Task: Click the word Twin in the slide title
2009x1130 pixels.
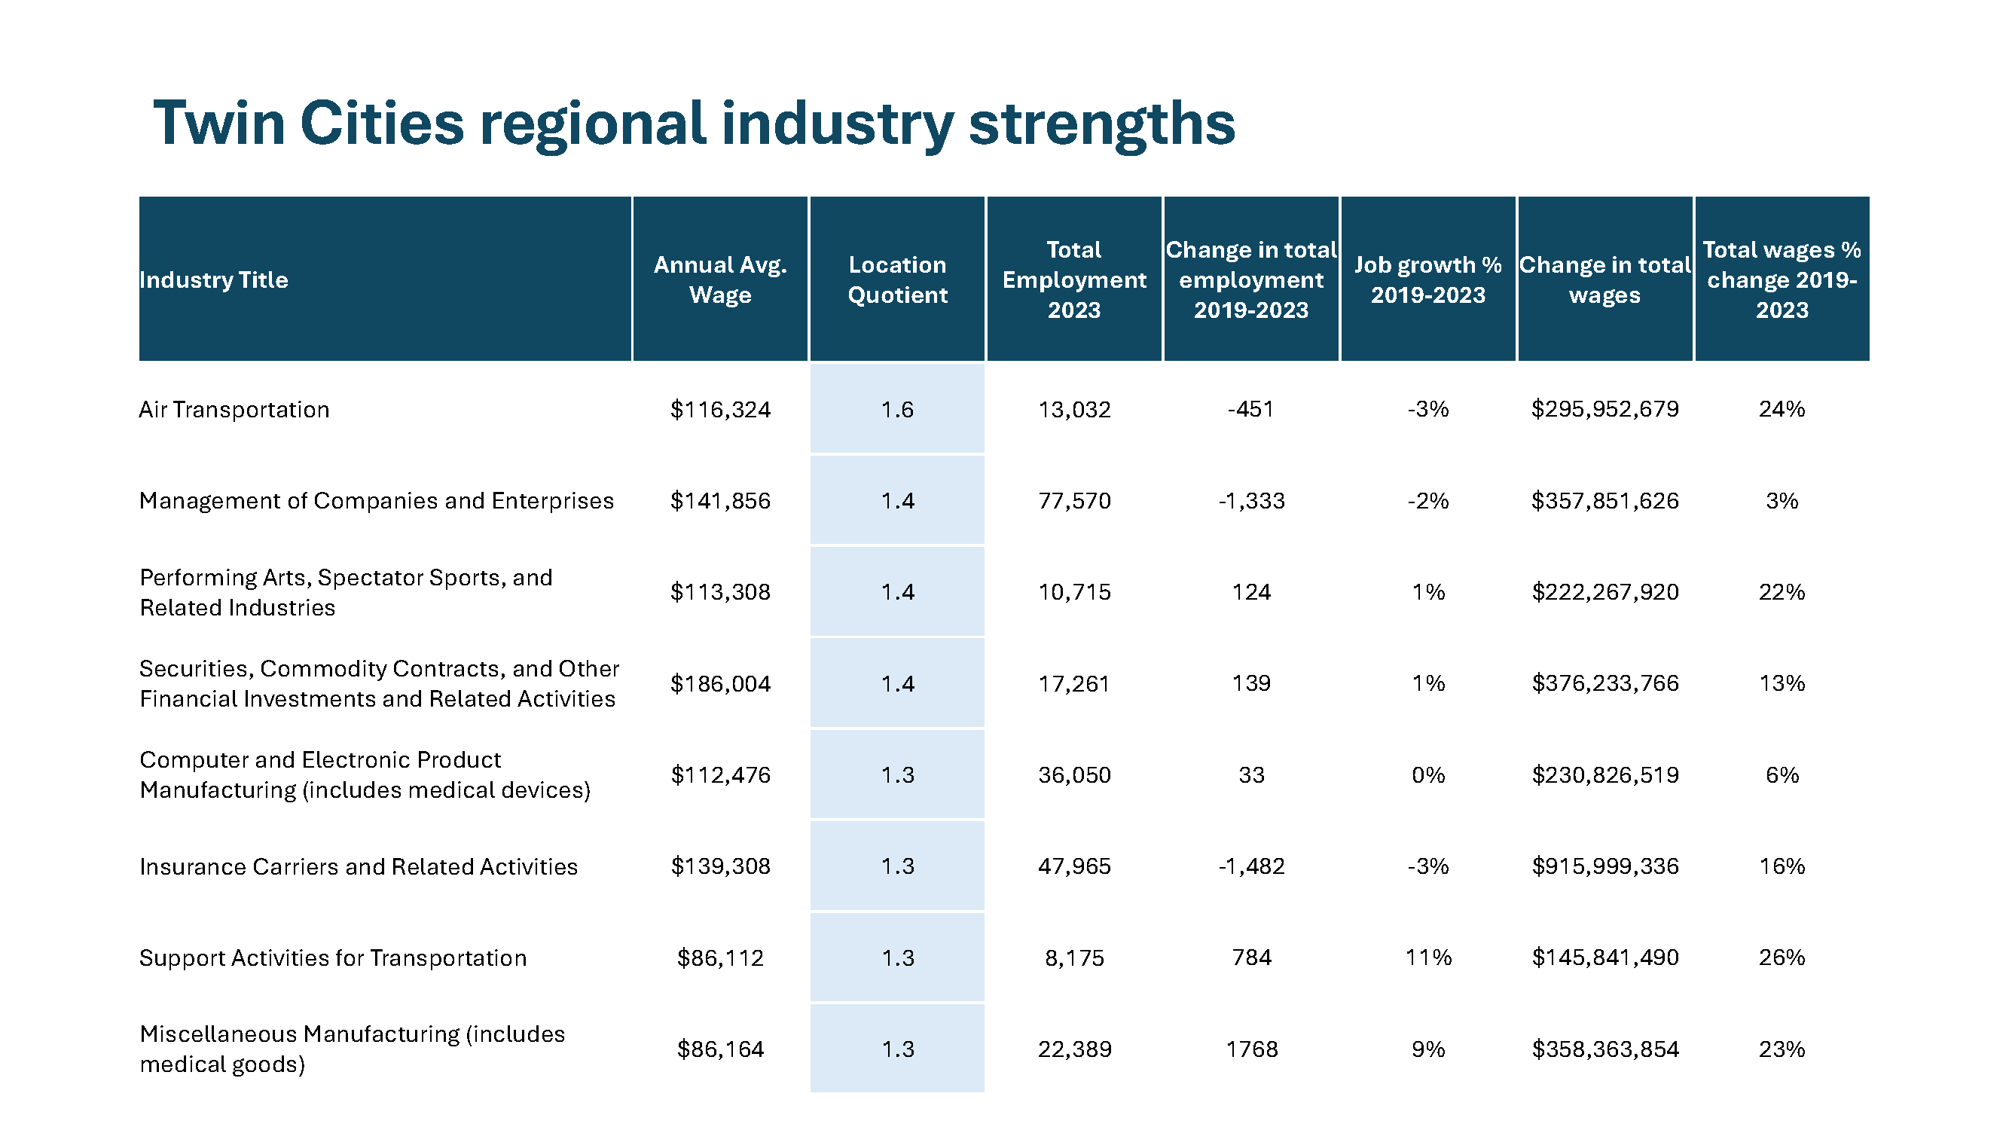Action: tap(219, 124)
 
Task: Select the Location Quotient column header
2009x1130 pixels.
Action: tap(897, 280)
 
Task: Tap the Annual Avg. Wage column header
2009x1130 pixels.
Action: tap(720, 280)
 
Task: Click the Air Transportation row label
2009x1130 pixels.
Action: tap(234, 409)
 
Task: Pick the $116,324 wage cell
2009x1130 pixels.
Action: tap(720, 409)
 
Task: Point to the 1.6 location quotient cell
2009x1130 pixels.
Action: tap(897, 409)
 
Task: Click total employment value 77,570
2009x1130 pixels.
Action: tap(1074, 501)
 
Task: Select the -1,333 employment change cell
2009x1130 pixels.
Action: tap(1251, 501)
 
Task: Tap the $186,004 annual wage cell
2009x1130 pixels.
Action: tap(720, 684)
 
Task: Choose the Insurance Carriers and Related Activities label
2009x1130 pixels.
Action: tap(358, 866)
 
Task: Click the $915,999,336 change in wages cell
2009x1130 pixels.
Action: tap(1604, 866)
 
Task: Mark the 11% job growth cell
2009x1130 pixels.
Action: tap(1428, 957)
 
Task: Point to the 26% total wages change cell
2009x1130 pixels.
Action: tap(1782, 957)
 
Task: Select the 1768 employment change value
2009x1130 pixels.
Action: tap(1251, 1049)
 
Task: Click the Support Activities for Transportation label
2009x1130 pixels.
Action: tap(333, 957)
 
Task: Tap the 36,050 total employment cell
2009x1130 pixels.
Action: tap(1074, 775)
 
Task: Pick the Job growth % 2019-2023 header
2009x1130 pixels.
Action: tap(1428, 280)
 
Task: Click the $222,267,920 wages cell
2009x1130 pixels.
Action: tap(1604, 592)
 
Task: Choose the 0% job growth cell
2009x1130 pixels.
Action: tap(1428, 775)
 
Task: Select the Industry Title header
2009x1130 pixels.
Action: tap(214, 280)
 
